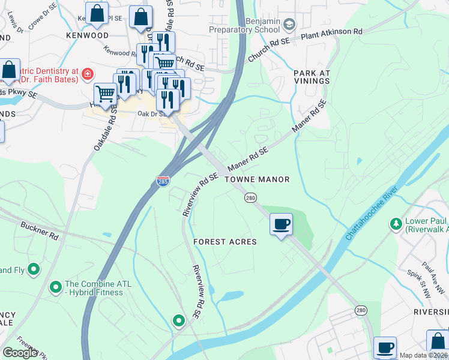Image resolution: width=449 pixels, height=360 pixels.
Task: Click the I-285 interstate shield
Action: coord(162,181)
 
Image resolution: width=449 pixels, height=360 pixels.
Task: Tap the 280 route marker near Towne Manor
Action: coord(250,197)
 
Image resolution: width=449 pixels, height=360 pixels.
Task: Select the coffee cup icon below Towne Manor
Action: coord(281,225)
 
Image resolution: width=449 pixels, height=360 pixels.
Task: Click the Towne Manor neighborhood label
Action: coord(257,179)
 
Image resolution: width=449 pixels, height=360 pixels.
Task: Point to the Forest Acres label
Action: coord(225,242)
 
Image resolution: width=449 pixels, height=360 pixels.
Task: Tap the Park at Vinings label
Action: coord(312,77)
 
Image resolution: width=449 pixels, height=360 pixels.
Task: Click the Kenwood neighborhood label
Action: coord(88,35)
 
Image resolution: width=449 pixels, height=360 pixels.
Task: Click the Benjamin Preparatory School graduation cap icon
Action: coord(289,24)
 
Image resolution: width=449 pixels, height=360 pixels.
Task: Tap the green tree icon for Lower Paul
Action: coord(396,224)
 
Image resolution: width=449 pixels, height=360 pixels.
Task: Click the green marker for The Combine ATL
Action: coord(56,288)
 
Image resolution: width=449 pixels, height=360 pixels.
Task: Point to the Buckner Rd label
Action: coord(38,232)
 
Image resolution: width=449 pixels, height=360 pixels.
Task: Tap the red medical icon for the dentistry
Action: coord(88,74)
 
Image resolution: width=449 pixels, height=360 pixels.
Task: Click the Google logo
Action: coord(20,353)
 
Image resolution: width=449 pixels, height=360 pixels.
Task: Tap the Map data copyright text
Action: coord(423,355)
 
